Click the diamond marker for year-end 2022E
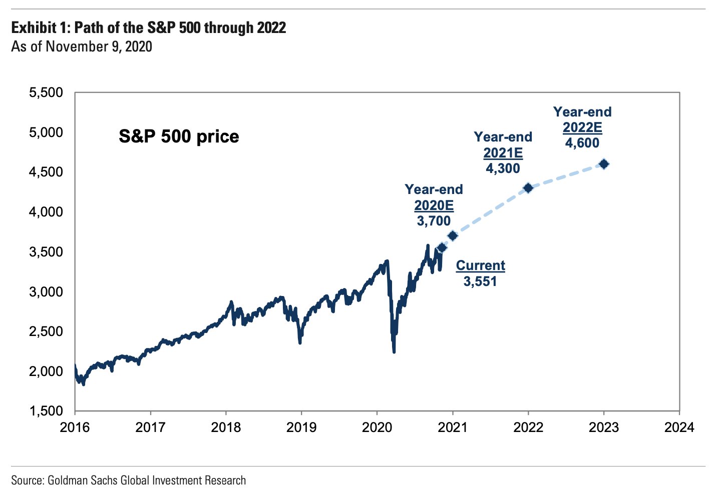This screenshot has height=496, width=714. tap(604, 164)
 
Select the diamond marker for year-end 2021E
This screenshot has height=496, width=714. tap(528, 188)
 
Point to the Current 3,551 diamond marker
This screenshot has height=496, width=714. tap(442, 247)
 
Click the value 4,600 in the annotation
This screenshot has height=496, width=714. tap(582, 143)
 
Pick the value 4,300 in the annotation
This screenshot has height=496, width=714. tap(503, 168)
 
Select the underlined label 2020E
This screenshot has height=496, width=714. tap(434, 205)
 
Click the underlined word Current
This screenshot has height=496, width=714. tap(480, 265)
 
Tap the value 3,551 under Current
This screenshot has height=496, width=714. tap(480, 281)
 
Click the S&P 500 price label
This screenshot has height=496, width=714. tap(179, 136)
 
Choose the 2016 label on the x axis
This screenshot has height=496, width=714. tap(75, 427)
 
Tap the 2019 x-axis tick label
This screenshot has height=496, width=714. tap(301, 427)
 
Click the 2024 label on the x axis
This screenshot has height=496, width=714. tap(679, 427)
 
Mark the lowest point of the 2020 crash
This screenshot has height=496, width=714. tap(394, 351)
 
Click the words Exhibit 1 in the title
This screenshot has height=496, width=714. tap(40, 27)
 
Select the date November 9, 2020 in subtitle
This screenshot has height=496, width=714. tap(99, 46)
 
